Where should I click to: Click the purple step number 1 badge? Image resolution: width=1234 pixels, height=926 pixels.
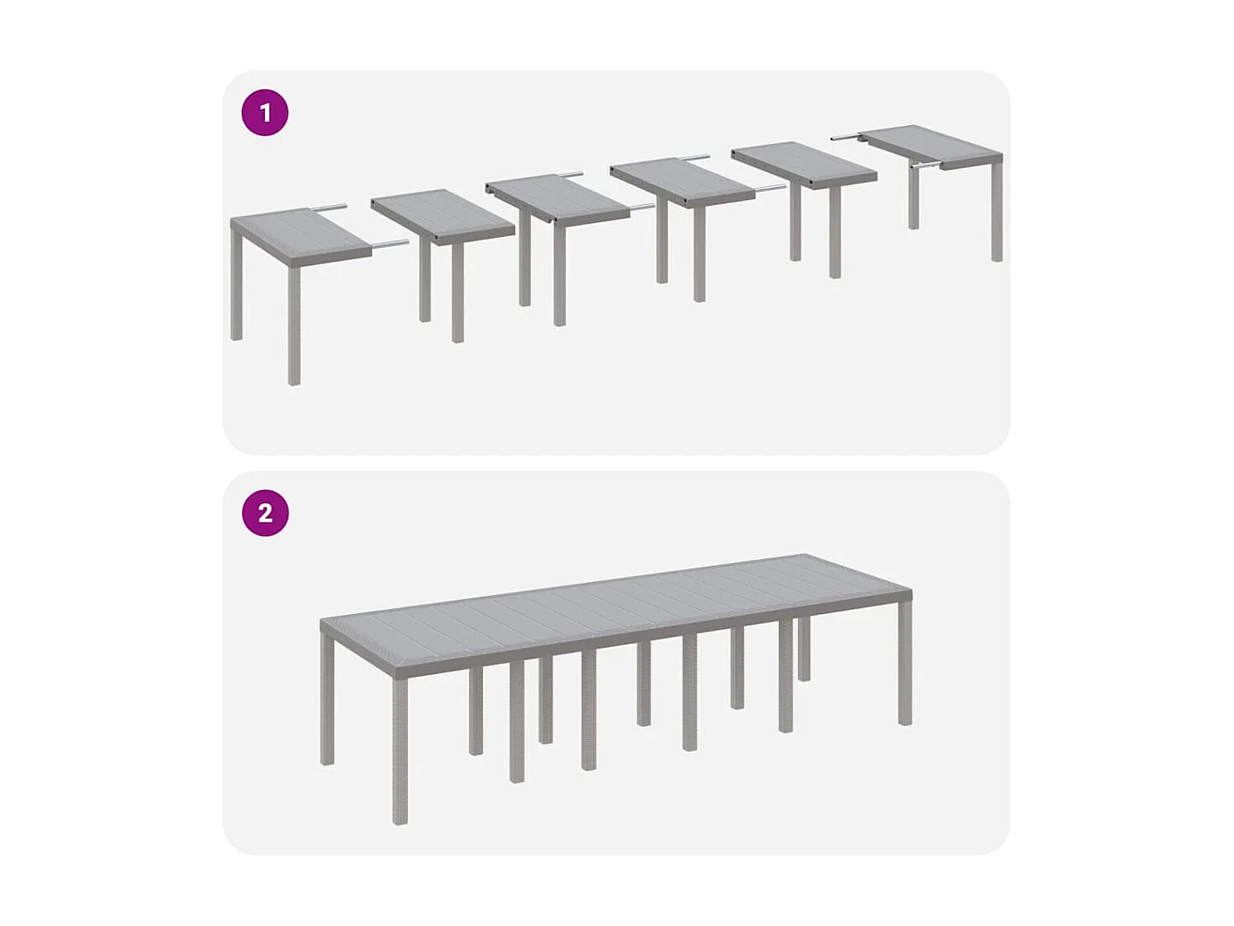(x=265, y=113)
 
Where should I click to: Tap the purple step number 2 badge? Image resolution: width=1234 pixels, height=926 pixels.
(x=265, y=513)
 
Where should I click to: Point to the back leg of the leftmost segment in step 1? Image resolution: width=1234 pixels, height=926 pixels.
(x=237, y=288)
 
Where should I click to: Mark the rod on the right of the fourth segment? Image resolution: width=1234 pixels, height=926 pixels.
(x=770, y=188)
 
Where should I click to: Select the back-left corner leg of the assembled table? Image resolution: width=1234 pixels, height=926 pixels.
(x=327, y=700)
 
